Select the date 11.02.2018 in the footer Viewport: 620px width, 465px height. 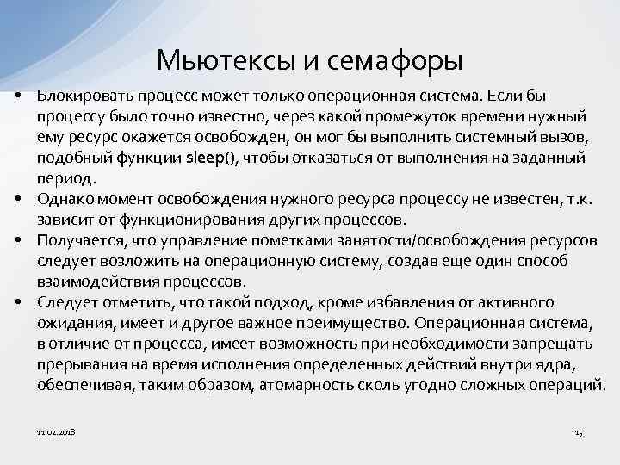(56, 431)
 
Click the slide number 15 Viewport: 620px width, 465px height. (579, 431)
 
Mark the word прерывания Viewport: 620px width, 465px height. (77, 364)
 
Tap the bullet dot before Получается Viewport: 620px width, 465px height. (18, 240)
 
